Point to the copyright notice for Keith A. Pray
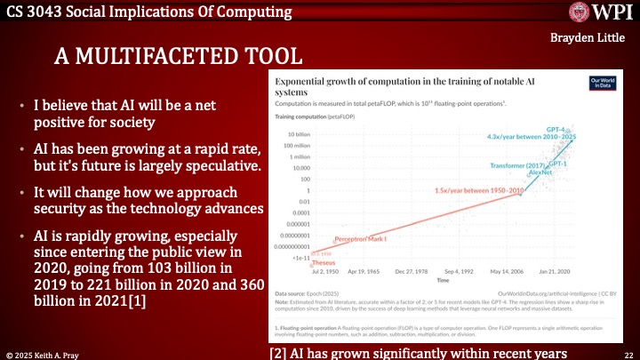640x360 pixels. coord(52,352)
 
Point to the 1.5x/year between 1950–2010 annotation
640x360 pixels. coord(460,190)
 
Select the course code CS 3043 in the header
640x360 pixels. coord(35,12)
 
